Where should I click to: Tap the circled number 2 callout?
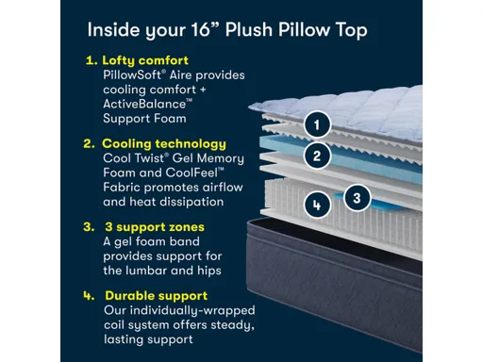tap(318, 156)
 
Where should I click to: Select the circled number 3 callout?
tap(355, 197)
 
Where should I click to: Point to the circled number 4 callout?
tap(318, 204)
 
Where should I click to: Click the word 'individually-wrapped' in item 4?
tap(187, 309)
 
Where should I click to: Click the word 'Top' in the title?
tap(348, 29)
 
